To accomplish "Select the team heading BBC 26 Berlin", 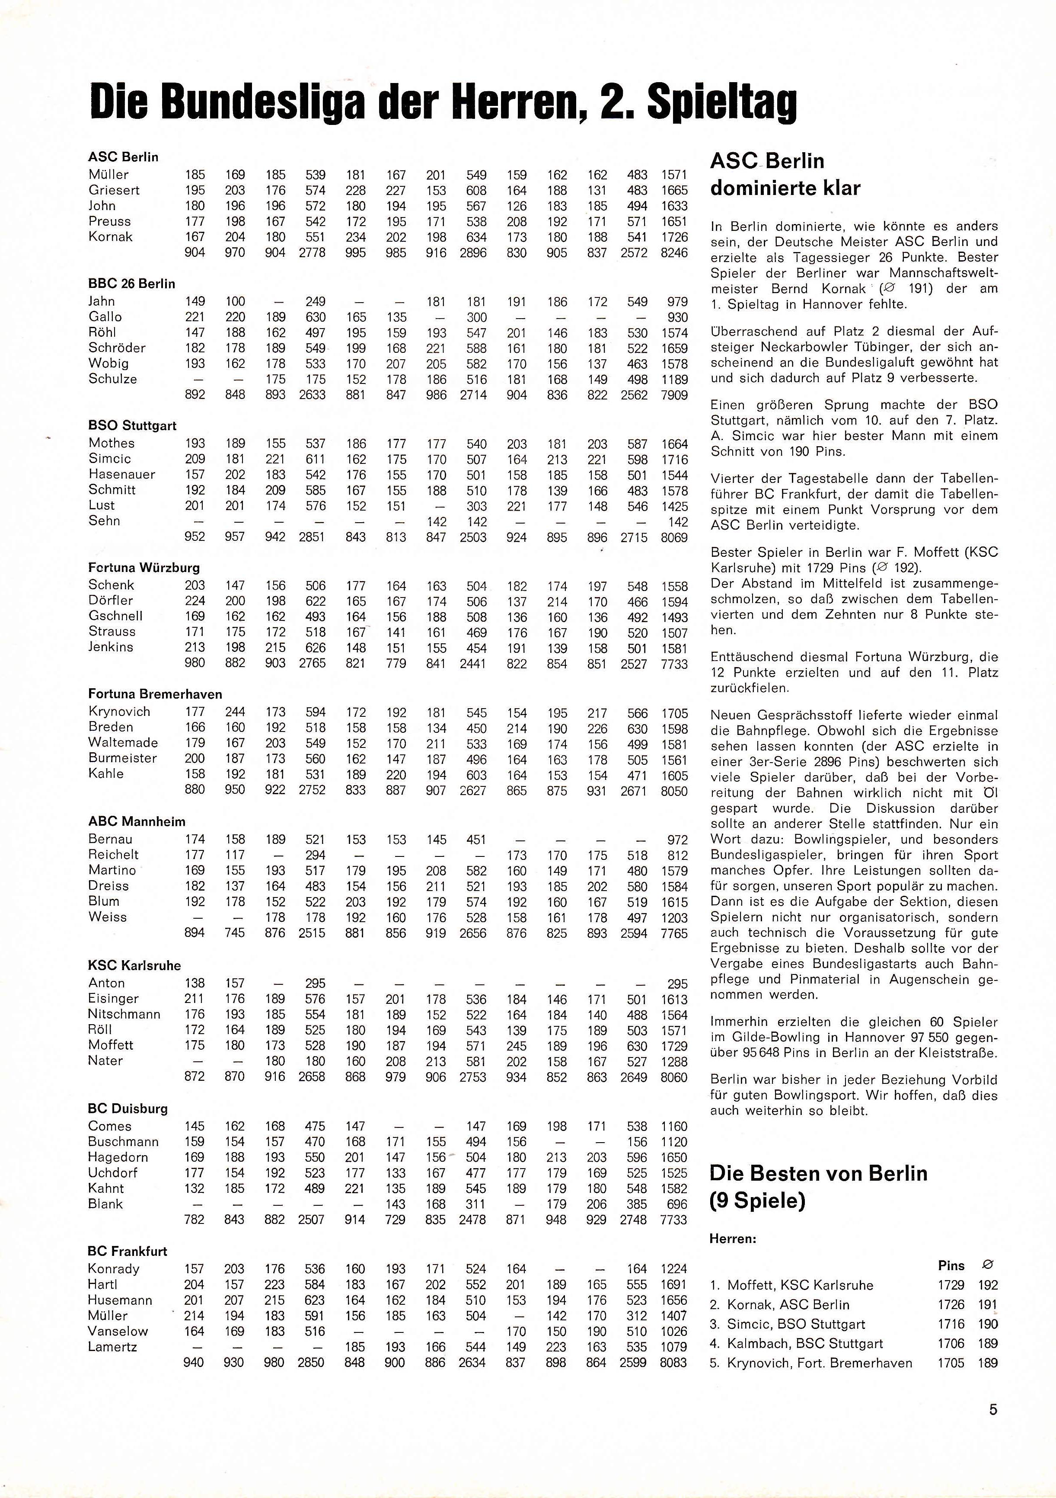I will tap(132, 284).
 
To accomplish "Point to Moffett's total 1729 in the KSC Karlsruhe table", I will tap(674, 1045).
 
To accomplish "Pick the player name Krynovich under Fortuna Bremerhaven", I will tap(119, 712).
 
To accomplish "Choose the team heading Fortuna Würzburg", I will tap(144, 568).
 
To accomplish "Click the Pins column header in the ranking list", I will tap(951, 1266).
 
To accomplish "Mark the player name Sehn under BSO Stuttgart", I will tap(104, 521).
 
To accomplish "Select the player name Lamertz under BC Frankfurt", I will tap(112, 1347).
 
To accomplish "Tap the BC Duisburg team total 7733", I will tap(674, 1220).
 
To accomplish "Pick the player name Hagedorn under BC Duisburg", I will tap(118, 1157).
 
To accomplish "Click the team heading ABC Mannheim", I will tap(137, 821).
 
